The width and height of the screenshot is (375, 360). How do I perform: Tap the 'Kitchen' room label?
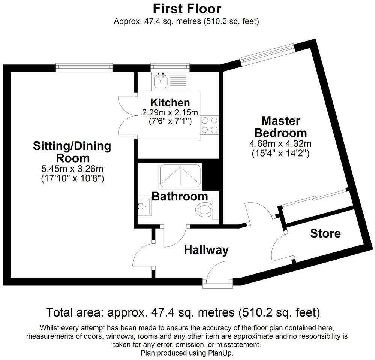170,102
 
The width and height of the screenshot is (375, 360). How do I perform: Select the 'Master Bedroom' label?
280,127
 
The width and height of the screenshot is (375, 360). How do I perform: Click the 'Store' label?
325,234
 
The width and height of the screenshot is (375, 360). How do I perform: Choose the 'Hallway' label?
206,250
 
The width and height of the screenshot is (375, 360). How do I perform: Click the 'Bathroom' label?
180,196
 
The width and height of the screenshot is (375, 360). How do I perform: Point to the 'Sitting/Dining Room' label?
72,151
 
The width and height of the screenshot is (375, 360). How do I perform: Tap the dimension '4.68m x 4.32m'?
280,143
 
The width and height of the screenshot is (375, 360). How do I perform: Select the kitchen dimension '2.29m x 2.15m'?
170,112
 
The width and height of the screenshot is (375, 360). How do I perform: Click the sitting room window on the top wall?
84,67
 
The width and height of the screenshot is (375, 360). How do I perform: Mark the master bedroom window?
267,52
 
